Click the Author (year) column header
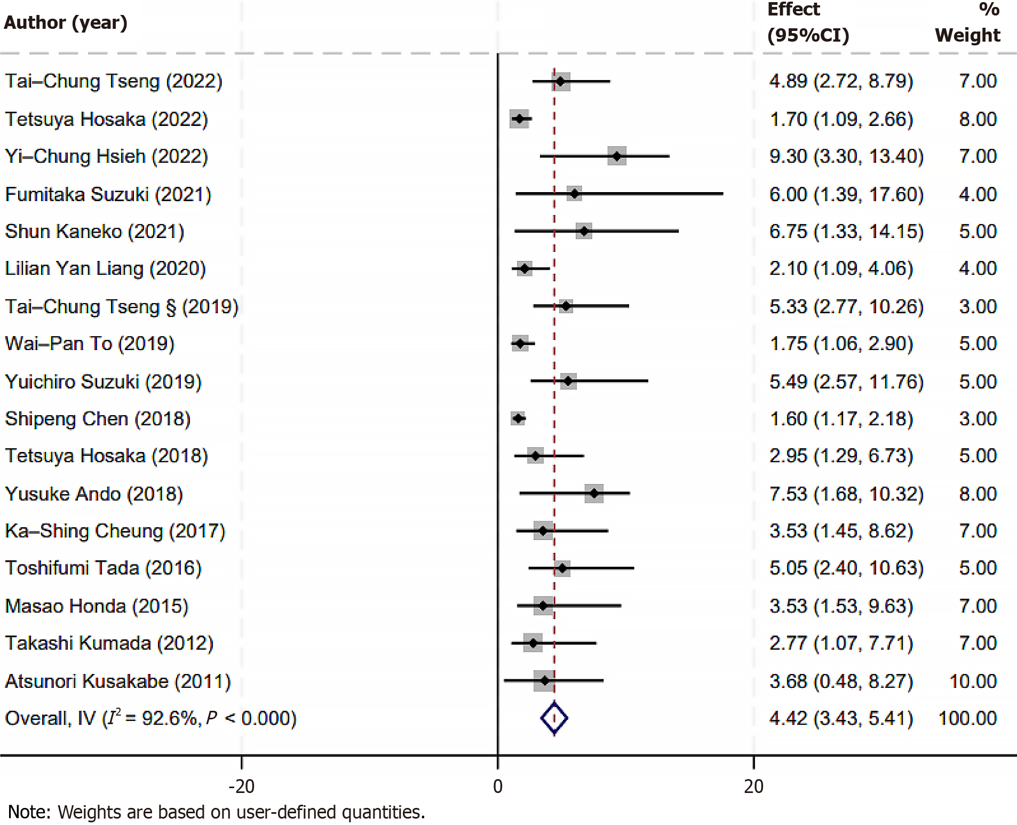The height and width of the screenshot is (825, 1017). click(x=66, y=23)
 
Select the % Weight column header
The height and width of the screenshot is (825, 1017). click(x=967, y=23)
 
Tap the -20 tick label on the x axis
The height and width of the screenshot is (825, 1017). click(x=241, y=786)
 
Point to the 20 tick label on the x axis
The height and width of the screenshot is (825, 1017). click(x=753, y=786)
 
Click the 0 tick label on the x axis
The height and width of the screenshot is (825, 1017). click(x=497, y=786)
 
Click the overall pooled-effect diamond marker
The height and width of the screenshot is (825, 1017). click(x=554, y=718)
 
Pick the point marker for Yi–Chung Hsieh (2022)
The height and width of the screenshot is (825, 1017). click(x=617, y=156)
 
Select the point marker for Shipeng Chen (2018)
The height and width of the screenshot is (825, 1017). click(x=518, y=418)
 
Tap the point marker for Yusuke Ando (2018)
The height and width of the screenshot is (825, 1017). click(x=594, y=494)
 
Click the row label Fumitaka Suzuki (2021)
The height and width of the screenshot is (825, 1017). click(x=108, y=194)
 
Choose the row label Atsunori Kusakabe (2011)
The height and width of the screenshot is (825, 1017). click(x=117, y=681)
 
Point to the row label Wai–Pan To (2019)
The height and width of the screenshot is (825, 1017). click(x=90, y=344)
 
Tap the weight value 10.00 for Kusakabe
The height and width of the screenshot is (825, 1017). click(x=973, y=681)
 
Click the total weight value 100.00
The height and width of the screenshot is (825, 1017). click(x=967, y=718)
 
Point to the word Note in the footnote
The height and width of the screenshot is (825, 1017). click(x=28, y=812)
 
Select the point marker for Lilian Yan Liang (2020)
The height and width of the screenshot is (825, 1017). click(x=525, y=268)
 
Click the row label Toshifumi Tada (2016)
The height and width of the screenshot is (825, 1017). click(x=103, y=568)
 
